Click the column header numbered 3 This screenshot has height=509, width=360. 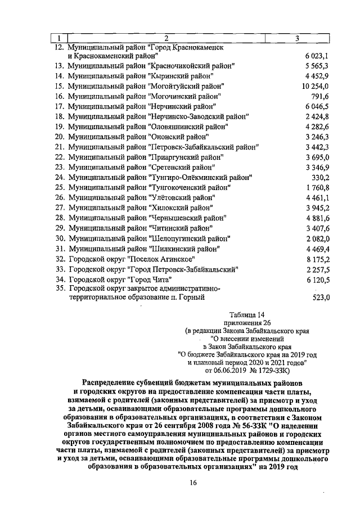[297, 38]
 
